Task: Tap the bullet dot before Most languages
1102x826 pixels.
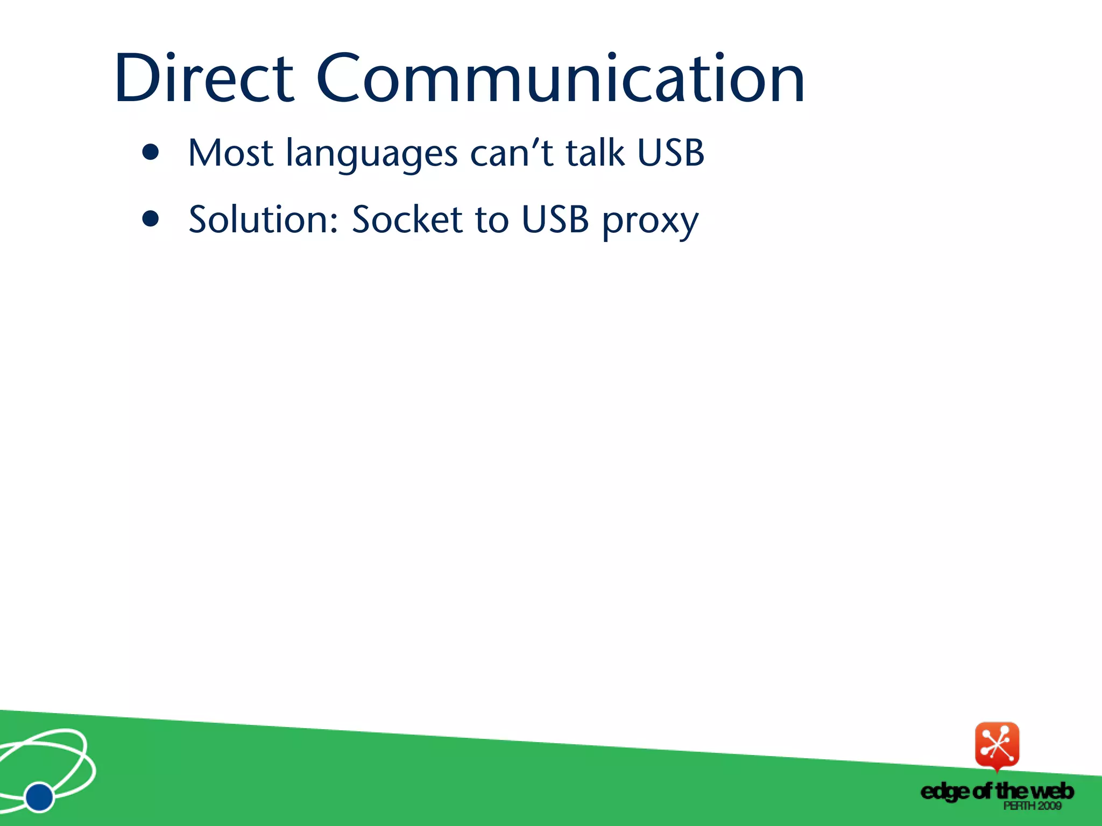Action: pos(151,153)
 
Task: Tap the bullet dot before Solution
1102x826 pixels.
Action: pos(151,219)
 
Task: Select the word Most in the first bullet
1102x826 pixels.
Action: pos(230,153)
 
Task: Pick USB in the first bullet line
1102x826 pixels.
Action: pos(670,153)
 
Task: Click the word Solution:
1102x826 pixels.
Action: pos(264,220)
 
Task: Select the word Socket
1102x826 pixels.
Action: pos(407,220)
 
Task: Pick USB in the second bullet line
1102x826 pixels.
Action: pos(555,220)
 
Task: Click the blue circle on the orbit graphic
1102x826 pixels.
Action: pos(39,796)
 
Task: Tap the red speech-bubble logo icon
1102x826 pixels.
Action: pos(997,745)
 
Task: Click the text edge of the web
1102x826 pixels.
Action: pos(997,791)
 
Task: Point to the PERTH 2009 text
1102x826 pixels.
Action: pos(1032,806)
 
